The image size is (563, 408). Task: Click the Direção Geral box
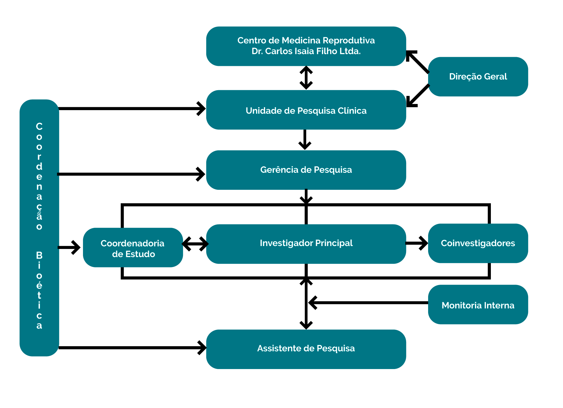(478, 76)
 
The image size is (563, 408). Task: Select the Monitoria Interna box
(478, 304)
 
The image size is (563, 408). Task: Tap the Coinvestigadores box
(478, 243)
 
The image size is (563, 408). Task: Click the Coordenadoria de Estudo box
(133, 247)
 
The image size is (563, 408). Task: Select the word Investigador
(282, 243)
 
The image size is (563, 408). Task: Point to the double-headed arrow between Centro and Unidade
(306, 78)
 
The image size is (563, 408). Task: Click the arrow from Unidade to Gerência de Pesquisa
(305, 139)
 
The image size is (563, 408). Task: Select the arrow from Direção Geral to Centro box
(418, 62)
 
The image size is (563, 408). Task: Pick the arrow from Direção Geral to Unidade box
(418, 96)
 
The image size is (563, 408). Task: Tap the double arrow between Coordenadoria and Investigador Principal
(195, 244)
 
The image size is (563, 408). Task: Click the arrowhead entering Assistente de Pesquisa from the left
(202, 348)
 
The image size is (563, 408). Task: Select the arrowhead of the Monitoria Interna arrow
(313, 303)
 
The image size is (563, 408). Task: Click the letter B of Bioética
(39, 255)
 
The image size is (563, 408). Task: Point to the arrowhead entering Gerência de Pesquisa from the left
(201, 174)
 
